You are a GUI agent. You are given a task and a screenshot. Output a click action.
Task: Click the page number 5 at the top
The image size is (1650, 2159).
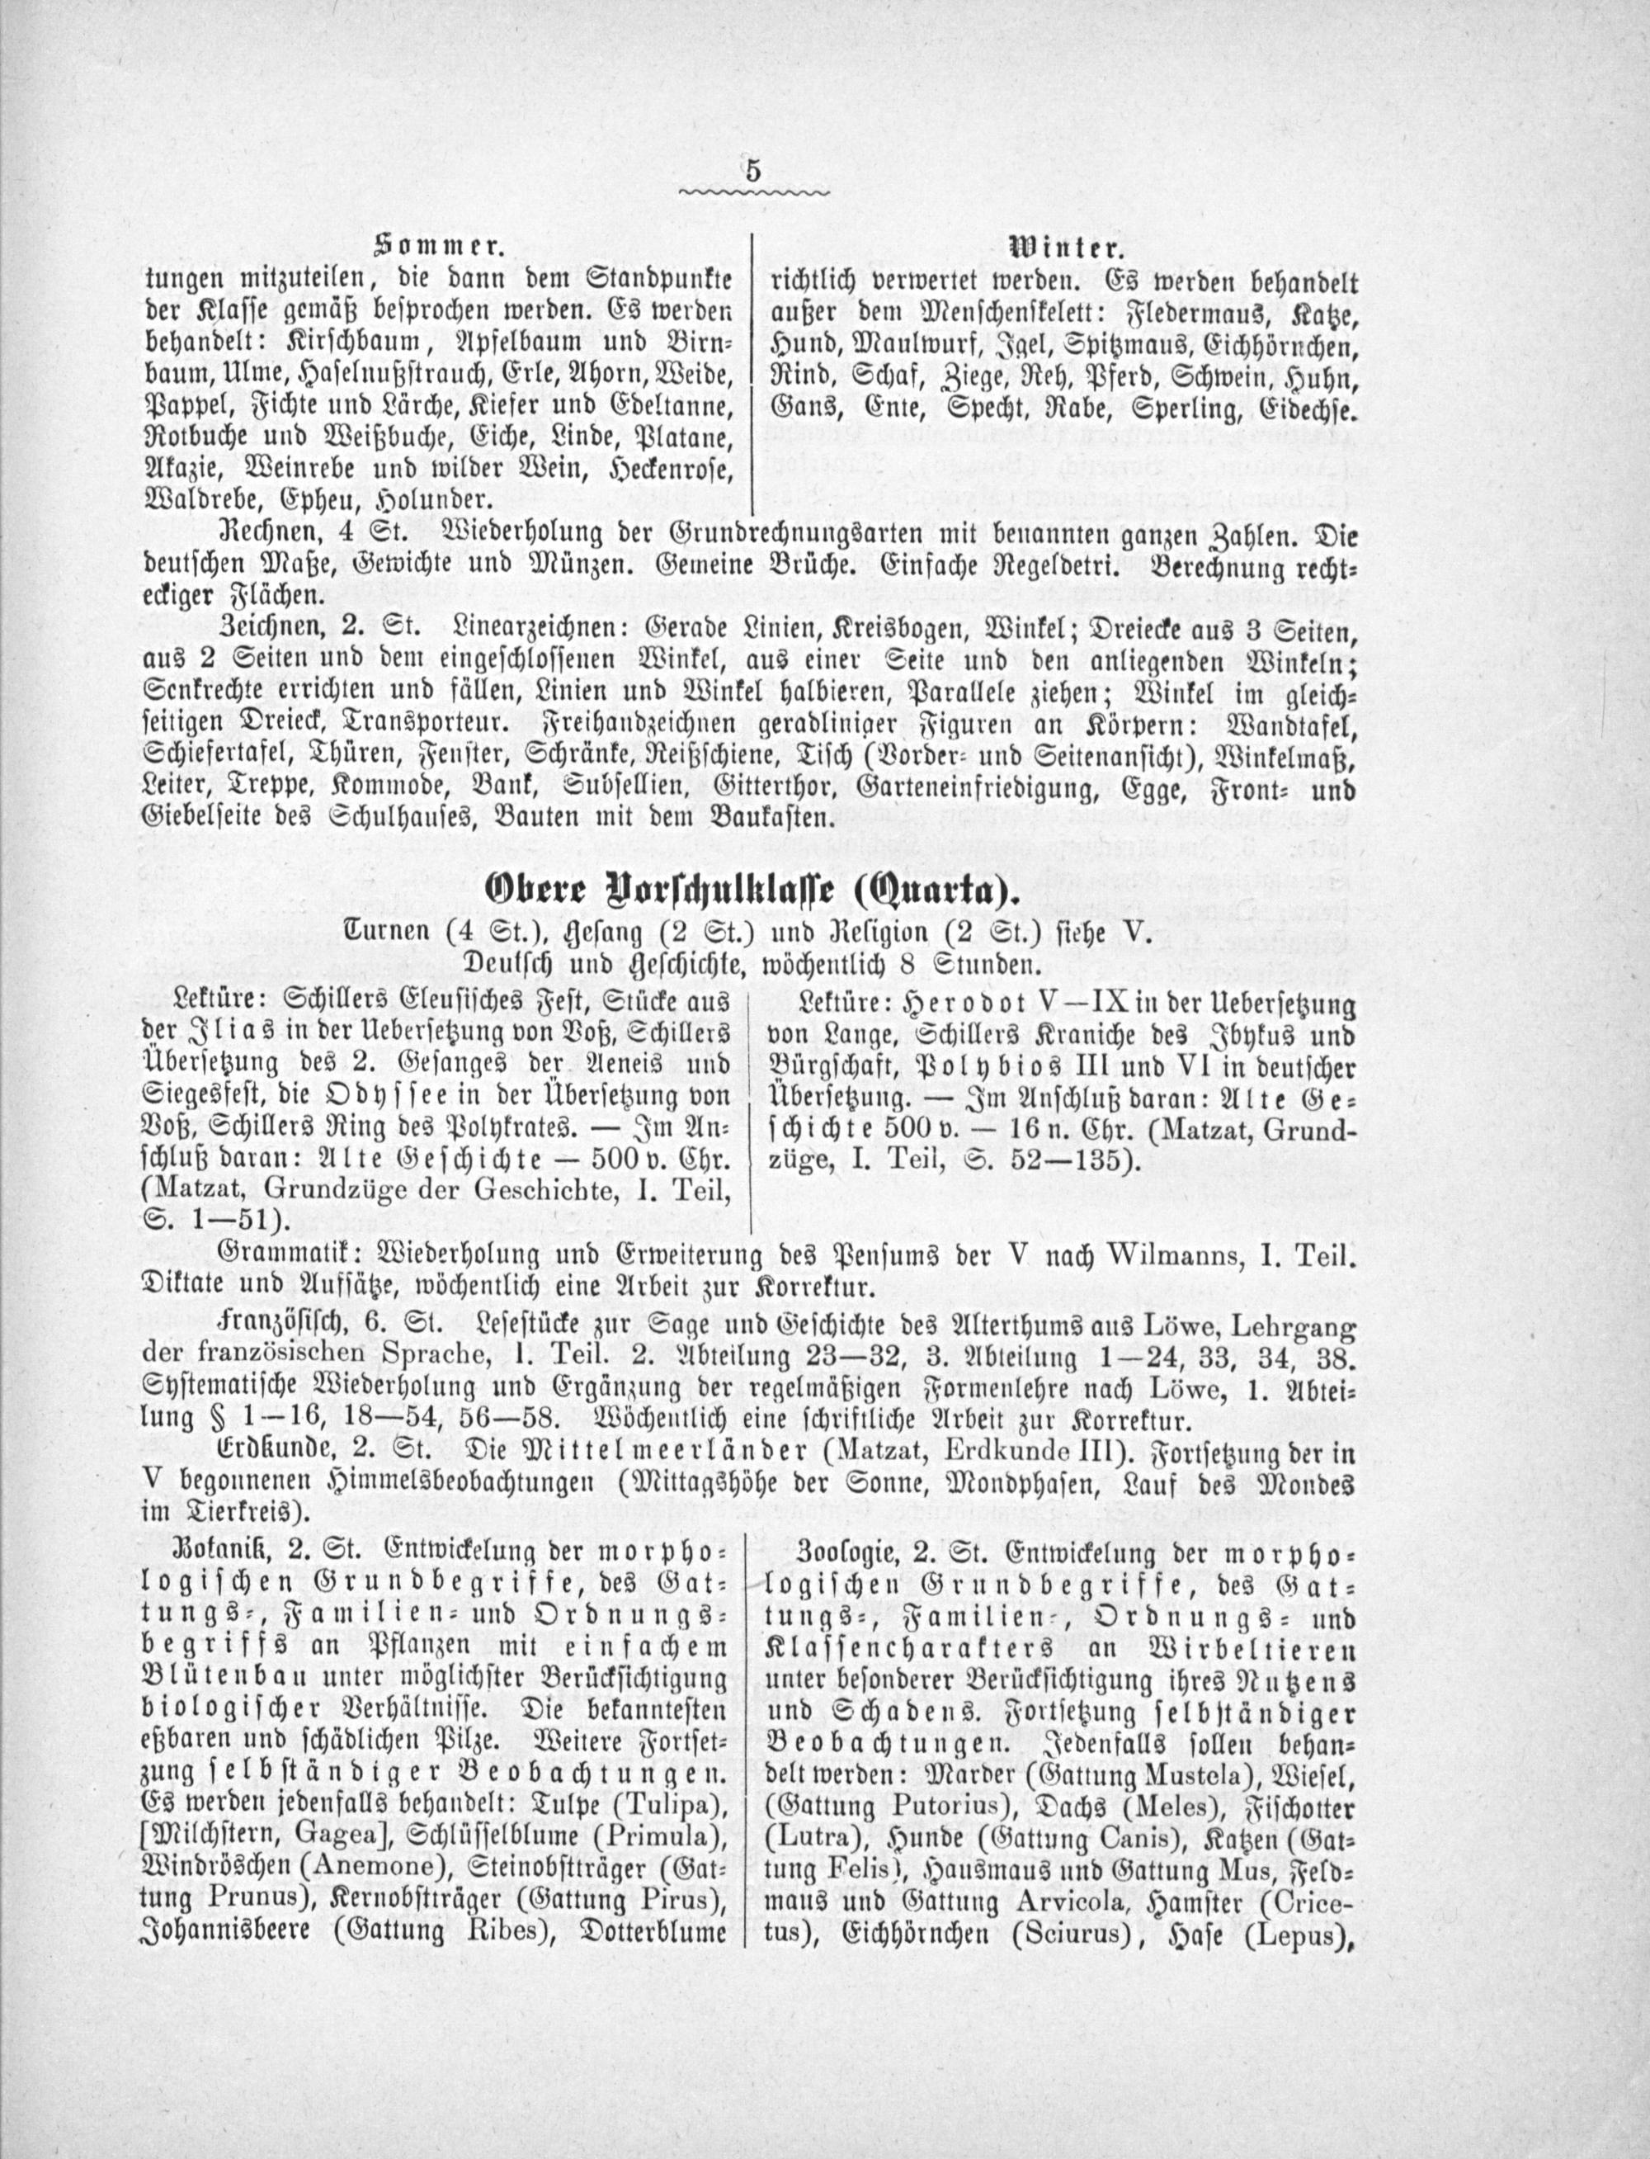(x=753, y=170)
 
